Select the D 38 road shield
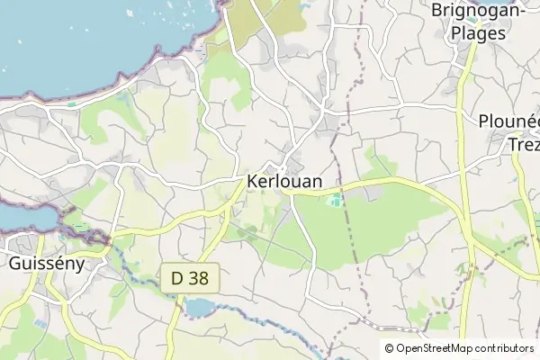(x=189, y=279)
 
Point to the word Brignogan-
(x=477, y=11)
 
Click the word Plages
(x=469, y=32)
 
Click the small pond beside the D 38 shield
(x=199, y=309)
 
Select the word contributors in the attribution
(x=507, y=348)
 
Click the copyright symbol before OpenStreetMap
(x=389, y=348)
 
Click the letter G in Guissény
(x=13, y=264)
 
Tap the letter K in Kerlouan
(x=251, y=179)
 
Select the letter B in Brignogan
(x=437, y=11)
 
